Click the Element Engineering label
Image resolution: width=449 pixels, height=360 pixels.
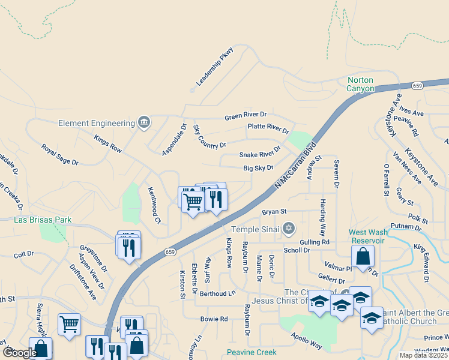(97, 123)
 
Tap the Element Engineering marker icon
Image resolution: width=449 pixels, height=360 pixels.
(143, 123)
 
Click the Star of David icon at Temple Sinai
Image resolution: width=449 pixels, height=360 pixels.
(289, 228)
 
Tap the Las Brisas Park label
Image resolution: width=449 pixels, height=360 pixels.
(43, 220)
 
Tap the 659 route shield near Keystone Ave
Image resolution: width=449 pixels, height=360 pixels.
(418, 86)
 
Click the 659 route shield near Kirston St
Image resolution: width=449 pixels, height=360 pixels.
(170, 253)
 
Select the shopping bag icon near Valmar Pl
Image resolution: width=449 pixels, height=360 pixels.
(363, 256)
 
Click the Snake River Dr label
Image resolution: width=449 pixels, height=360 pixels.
(260, 152)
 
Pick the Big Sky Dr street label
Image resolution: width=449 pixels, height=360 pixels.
(258, 169)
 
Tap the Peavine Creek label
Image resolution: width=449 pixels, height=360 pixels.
(252, 352)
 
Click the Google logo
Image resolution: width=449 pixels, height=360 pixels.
(20, 352)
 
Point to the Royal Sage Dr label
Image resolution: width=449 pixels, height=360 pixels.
(59, 154)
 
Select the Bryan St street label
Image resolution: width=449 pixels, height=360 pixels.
(274, 212)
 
